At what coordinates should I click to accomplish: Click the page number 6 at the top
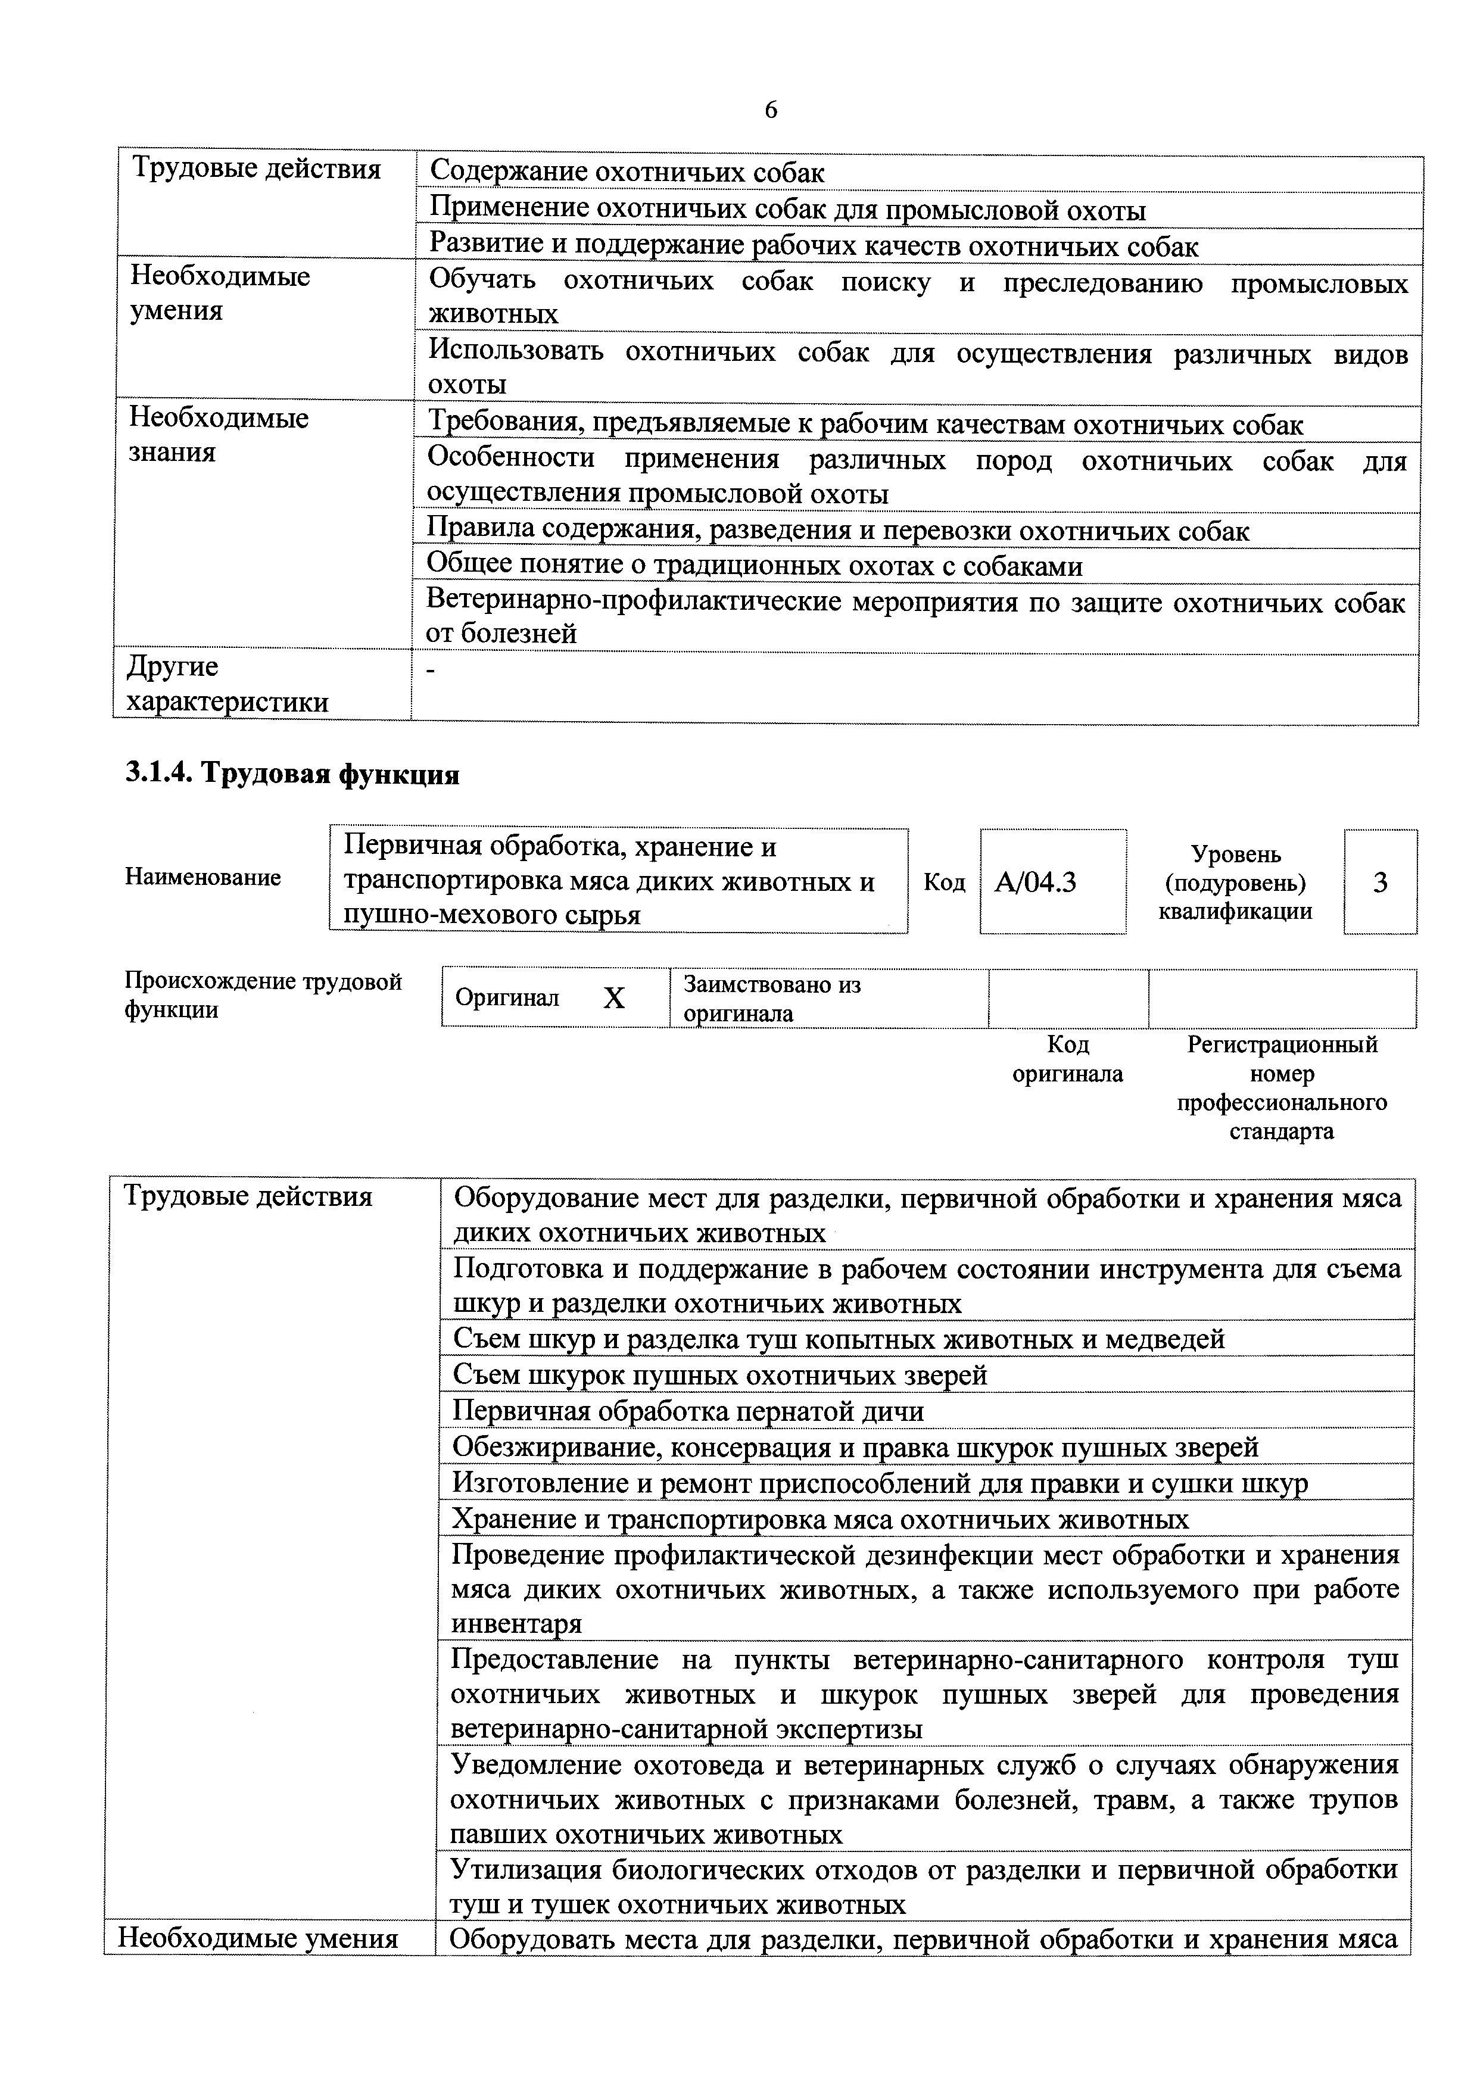pyautogui.click(x=770, y=110)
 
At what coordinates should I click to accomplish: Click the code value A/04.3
pyautogui.click(x=1036, y=882)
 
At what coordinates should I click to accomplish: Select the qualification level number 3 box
pyautogui.click(x=1380, y=882)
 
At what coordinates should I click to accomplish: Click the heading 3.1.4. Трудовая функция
pyautogui.click(x=292, y=774)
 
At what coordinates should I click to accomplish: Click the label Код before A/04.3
pyautogui.click(x=944, y=882)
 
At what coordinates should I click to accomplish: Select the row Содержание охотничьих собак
pyautogui.click(x=627, y=172)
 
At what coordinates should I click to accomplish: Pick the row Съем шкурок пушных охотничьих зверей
pyautogui.click(x=720, y=1375)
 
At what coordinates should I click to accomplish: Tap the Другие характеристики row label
pyautogui.click(x=228, y=684)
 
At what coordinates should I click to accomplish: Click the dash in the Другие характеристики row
pyautogui.click(x=431, y=671)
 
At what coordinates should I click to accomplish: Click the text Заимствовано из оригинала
pyautogui.click(x=772, y=998)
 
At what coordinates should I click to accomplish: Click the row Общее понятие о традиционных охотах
pyautogui.click(x=755, y=566)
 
